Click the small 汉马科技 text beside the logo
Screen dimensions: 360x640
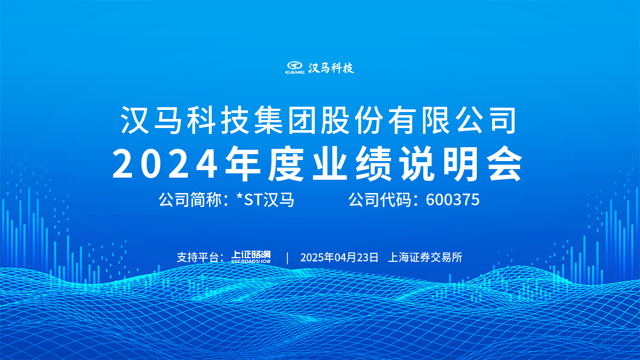coord(331,68)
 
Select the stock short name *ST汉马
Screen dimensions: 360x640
coord(266,200)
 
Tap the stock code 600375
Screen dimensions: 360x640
coord(453,200)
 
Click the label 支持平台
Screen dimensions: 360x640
coord(198,258)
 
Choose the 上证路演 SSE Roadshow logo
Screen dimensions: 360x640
coord(251,258)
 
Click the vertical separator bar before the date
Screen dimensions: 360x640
coord(287,258)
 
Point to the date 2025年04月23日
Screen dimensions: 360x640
coord(339,258)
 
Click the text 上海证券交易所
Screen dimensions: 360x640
coord(425,258)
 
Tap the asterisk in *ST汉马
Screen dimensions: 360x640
coord(240,198)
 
